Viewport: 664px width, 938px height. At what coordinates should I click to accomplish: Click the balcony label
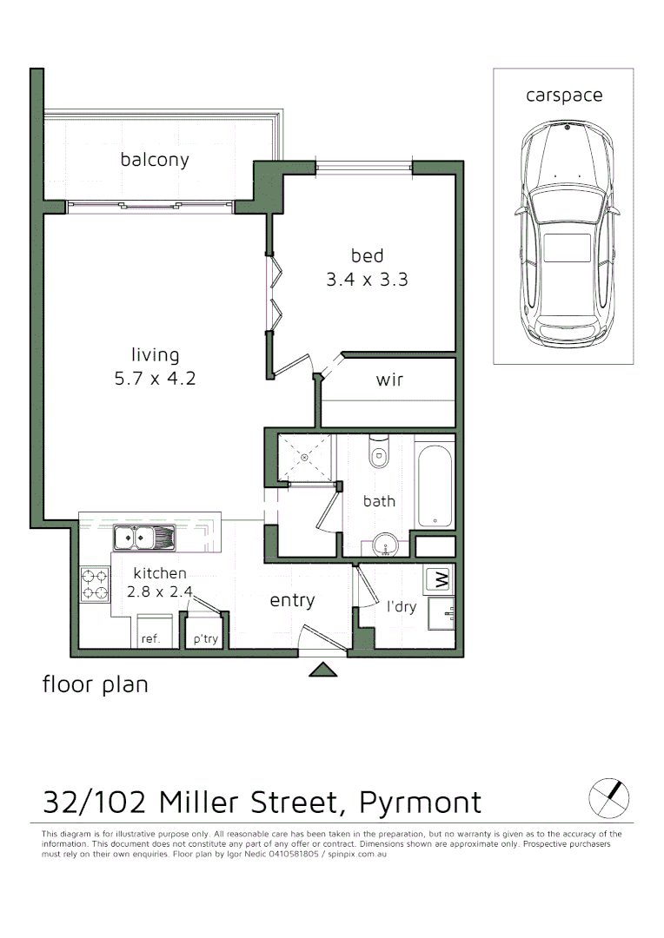coord(155,160)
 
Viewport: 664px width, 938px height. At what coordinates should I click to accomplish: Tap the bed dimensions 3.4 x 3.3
coord(367,280)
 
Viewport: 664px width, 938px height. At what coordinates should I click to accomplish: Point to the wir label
coord(389,380)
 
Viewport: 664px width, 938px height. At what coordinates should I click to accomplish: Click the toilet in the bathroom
coord(380,452)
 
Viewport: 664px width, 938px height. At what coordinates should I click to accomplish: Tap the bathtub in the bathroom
coord(435,486)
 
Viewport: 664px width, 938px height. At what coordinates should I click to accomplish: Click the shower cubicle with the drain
coord(305,458)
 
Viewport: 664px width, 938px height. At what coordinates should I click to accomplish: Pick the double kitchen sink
coord(143,538)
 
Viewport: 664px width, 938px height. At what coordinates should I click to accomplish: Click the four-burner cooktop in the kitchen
coord(95,584)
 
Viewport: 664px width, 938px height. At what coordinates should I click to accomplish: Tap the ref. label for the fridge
coord(150,638)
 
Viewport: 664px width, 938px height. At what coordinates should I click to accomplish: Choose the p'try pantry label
coord(206,638)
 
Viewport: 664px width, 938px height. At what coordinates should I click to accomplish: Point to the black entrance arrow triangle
coord(323,669)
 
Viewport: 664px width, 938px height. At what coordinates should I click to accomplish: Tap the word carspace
coord(563,96)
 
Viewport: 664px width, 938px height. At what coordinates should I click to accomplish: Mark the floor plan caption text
coord(96,684)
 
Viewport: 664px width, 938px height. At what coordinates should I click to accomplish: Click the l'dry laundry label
coord(402,606)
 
